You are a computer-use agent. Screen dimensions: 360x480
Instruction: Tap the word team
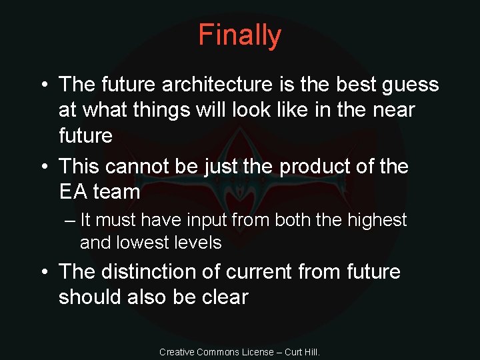(117, 192)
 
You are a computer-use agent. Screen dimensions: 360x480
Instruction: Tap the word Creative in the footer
(177, 352)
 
